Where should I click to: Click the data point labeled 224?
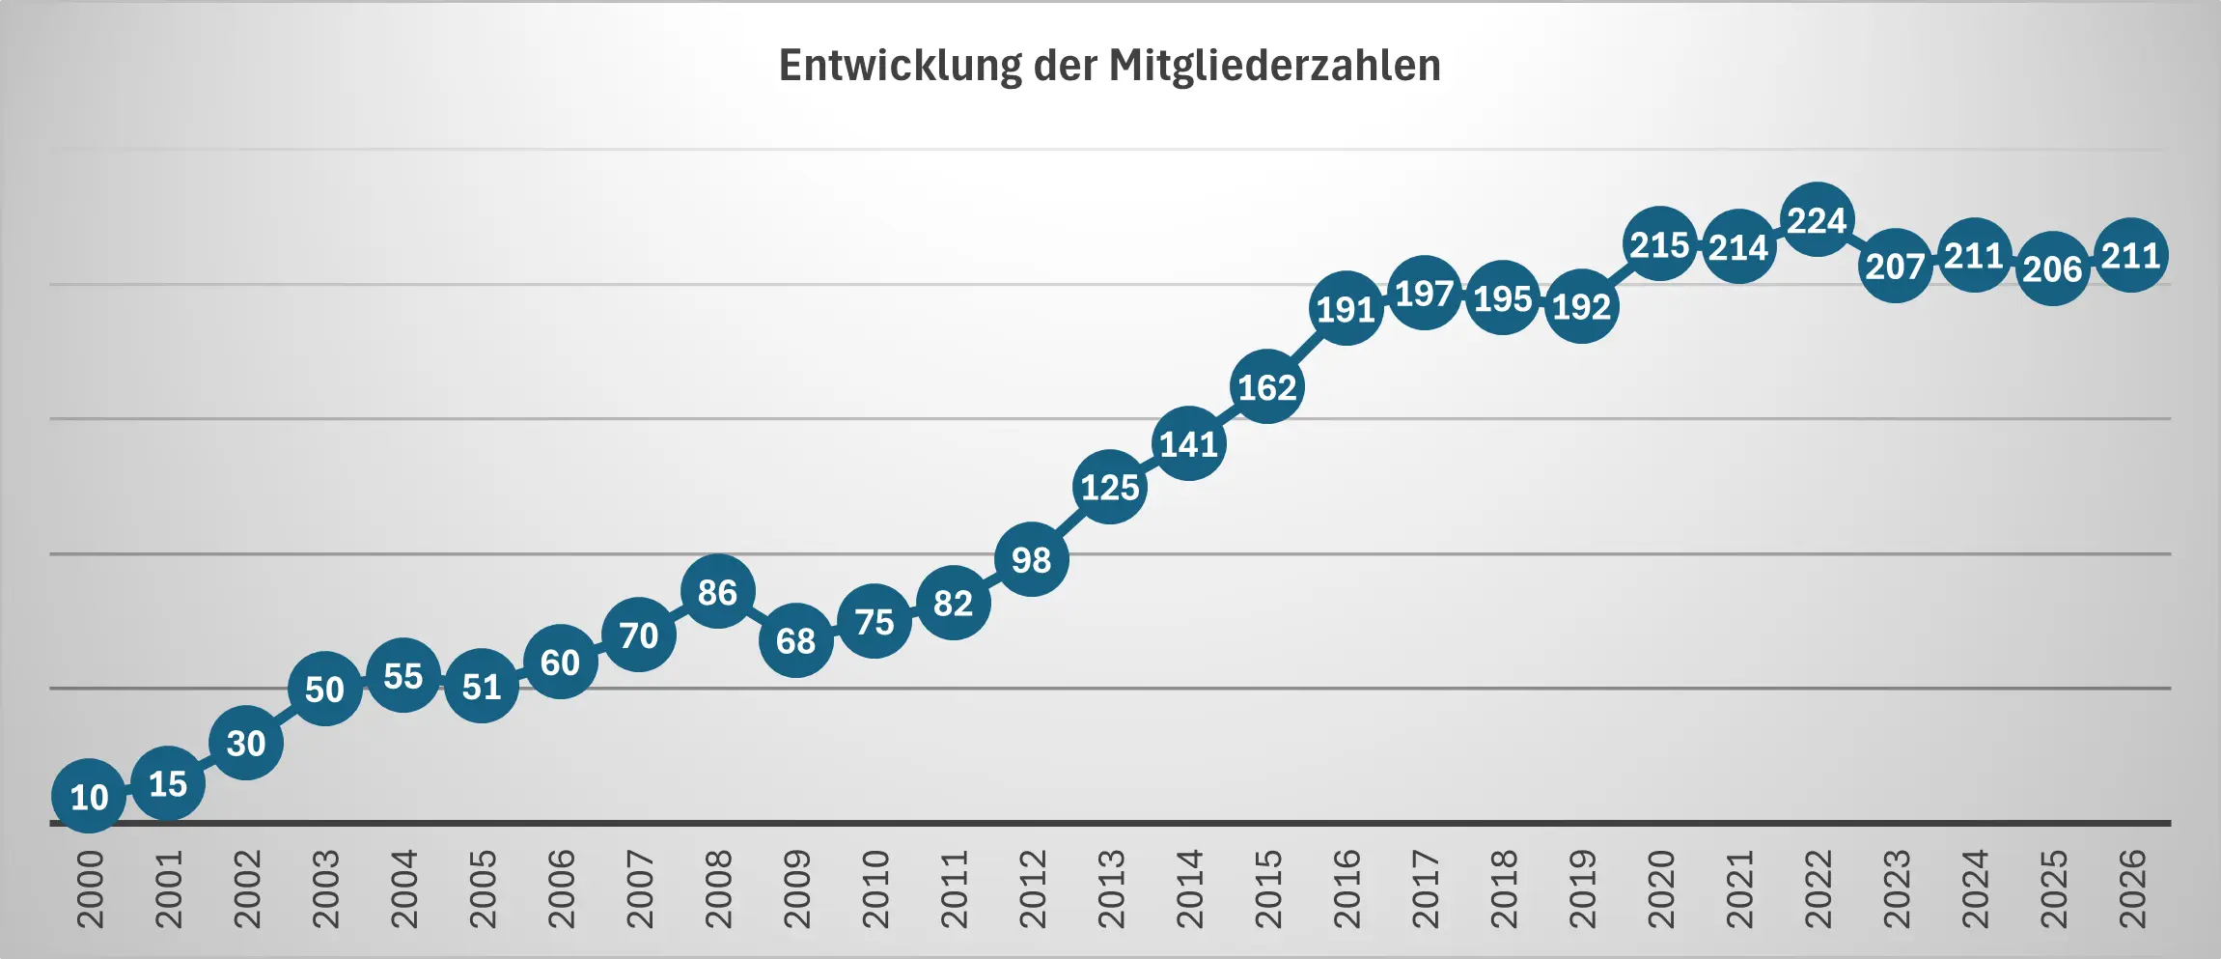click(1817, 220)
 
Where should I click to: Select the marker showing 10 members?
click(89, 797)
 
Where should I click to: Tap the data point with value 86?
click(717, 592)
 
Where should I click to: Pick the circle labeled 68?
click(795, 640)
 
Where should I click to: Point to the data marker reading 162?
click(1266, 387)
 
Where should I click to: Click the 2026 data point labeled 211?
click(2130, 256)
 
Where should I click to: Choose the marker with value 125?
click(1110, 487)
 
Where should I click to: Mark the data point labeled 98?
click(1031, 559)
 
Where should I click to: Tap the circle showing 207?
click(1895, 266)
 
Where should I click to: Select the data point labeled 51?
click(482, 687)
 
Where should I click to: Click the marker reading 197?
click(1424, 293)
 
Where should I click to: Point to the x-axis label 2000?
click(90, 889)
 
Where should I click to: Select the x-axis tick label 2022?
click(1818, 889)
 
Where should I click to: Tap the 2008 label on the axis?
click(718, 889)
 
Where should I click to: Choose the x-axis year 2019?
click(1582, 889)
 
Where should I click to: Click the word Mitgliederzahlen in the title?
click(1274, 66)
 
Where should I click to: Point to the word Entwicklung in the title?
click(900, 66)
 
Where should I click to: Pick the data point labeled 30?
click(246, 743)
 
